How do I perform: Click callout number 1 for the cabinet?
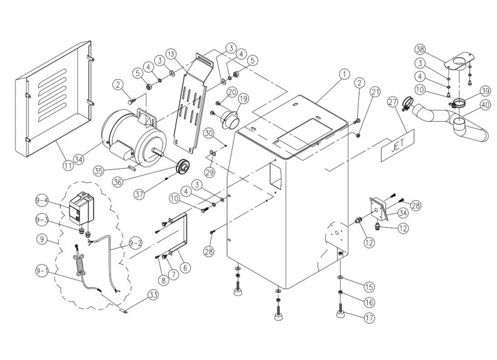point(344,73)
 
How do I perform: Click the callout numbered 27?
point(393,102)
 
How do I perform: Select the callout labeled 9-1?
point(41,271)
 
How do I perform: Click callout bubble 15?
point(368,286)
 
